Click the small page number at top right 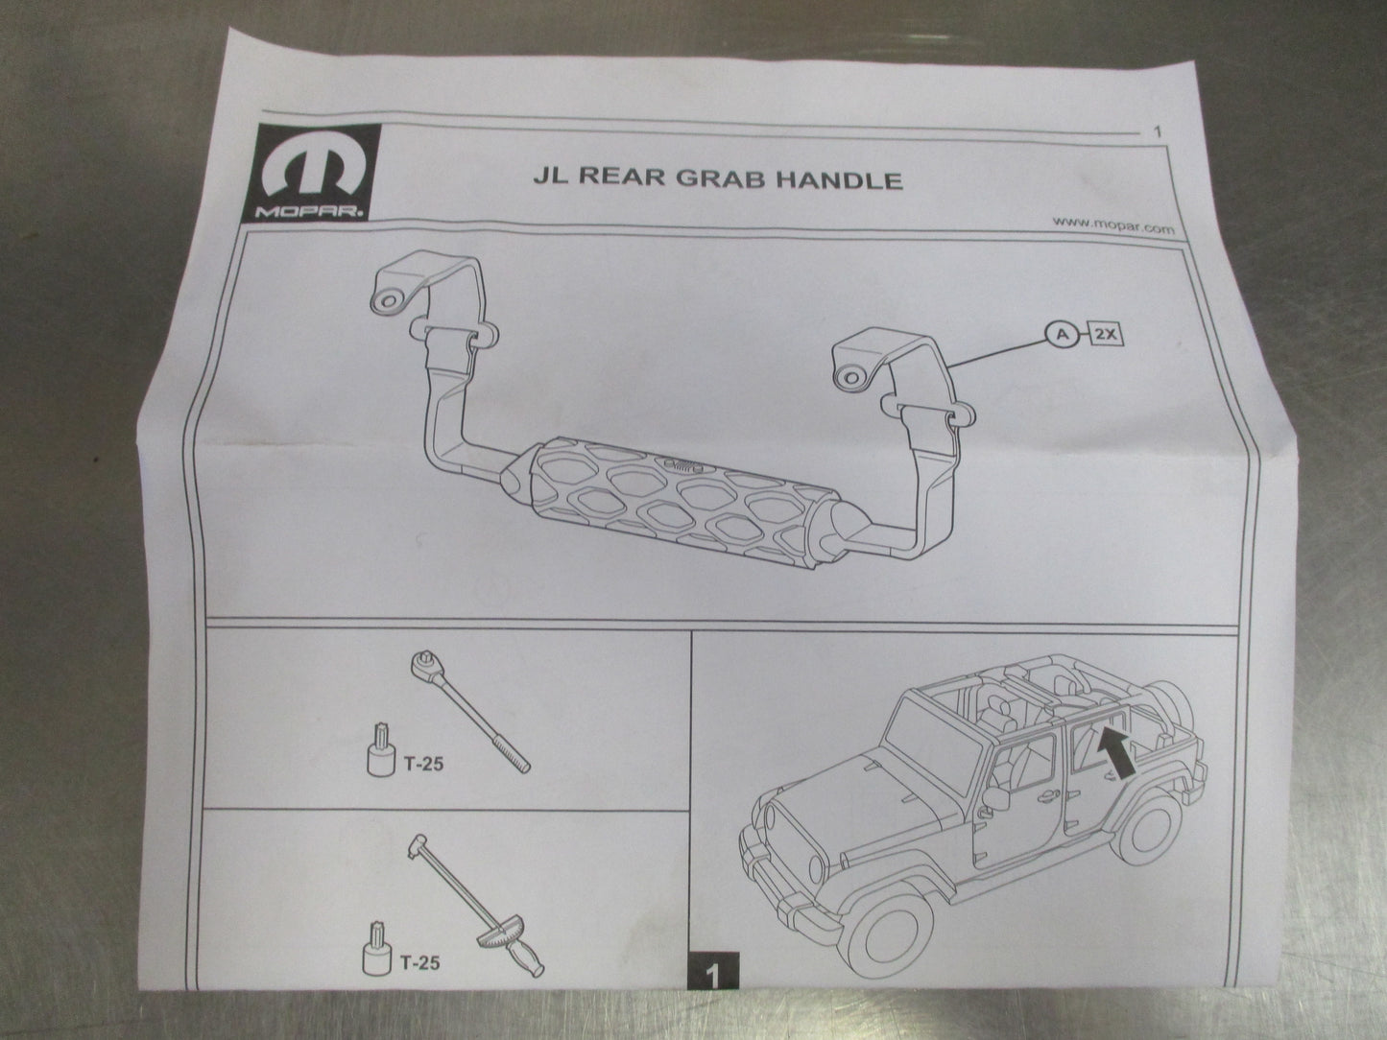(x=1160, y=131)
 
